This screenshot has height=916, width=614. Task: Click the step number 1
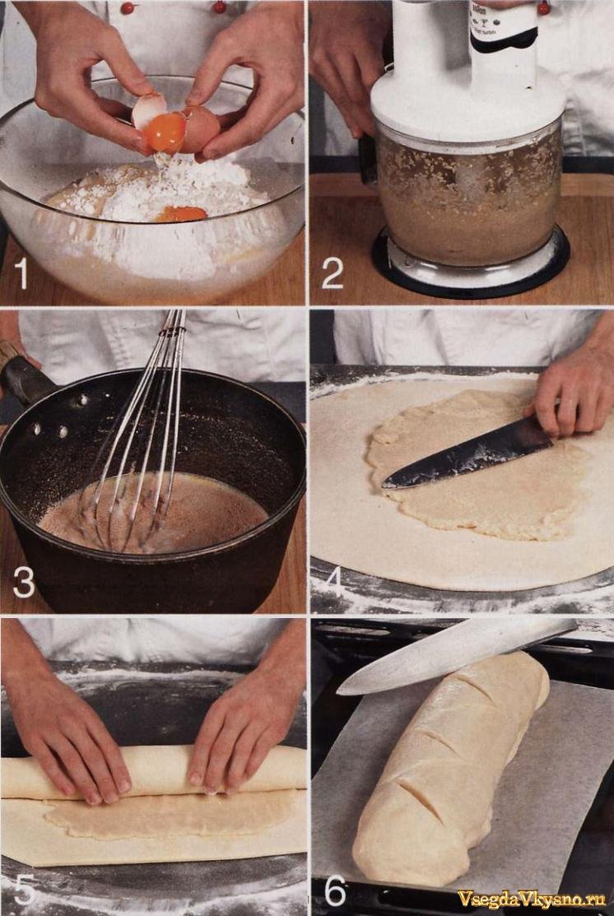pos(21,272)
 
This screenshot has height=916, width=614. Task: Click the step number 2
pos(333,272)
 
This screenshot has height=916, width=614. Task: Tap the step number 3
pos(24,582)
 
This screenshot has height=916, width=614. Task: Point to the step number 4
pos(334,582)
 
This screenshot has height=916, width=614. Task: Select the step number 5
pos(25,889)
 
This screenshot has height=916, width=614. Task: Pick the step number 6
pos(335,889)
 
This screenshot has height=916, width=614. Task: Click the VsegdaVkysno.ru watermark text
pos(531,898)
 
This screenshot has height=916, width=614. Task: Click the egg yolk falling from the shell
pos(166,132)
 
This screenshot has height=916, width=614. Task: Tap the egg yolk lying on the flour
pos(180,214)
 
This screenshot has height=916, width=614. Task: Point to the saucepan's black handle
pos(26,379)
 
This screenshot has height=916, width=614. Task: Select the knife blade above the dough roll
pos(456,653)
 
